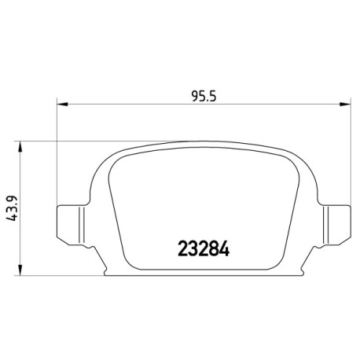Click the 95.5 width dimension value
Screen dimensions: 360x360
point(204,96)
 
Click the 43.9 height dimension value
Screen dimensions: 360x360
point(12,208)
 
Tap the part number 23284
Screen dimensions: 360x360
point(204,248)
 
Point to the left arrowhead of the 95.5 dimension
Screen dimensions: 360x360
point(62,105)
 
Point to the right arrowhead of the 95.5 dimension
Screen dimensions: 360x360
point(345,105)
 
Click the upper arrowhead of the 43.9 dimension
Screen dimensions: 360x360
point(20,147)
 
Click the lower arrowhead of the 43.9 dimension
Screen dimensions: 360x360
point(20,270)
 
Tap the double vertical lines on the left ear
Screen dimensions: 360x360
point(82,225)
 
